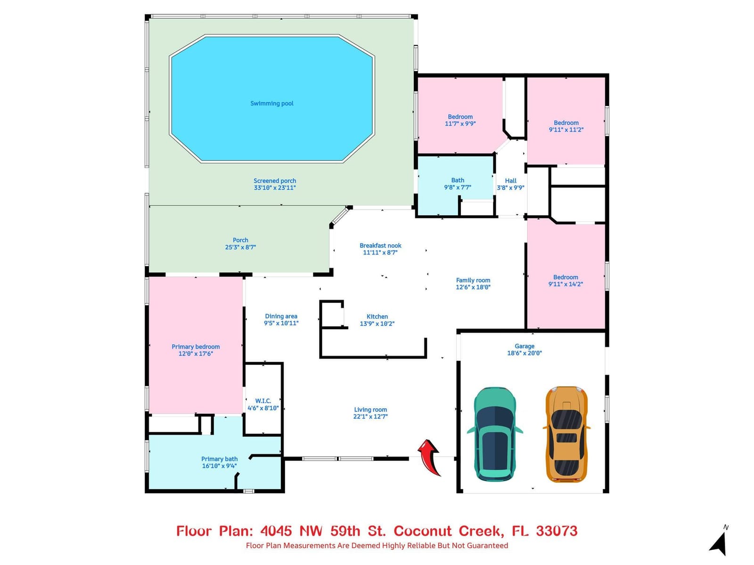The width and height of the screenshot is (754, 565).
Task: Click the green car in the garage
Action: (494, 434)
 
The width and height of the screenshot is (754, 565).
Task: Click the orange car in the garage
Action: (566, 434)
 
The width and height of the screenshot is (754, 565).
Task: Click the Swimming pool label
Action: (272, 103)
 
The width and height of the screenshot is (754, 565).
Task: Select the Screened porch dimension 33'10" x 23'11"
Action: (274, 188)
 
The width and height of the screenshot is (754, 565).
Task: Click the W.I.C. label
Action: (263, 401)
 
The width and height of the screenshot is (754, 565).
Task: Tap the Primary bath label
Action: (219, 459)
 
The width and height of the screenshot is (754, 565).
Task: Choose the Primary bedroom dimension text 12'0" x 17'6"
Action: (196, 354)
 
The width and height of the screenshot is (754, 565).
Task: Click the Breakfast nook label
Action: (380, 246)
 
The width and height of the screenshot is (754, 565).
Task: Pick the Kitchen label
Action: (377, 316)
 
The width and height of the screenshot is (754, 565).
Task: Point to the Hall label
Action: (510, 181)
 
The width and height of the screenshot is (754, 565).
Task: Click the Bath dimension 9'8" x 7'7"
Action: (457, 187)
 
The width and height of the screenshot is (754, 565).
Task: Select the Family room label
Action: (473, 280)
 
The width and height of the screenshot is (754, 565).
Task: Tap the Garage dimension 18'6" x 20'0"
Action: (524, 353)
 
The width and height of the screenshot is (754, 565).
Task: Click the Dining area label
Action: (281, 316)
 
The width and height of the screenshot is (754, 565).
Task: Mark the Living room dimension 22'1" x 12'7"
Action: (370, 417)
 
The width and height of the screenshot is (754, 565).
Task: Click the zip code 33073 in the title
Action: (557, 531)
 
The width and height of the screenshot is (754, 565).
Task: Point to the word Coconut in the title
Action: (423, 531)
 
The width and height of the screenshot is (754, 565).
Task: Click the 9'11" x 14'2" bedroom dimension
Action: (565, 284)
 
